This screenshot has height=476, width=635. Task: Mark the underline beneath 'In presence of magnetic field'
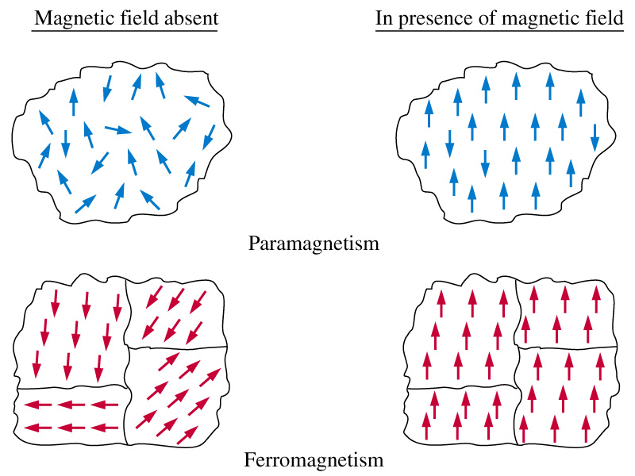pos(499,33)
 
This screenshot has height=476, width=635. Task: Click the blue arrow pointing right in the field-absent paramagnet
pos(117,129)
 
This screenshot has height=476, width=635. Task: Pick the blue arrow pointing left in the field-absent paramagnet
pos(197,101)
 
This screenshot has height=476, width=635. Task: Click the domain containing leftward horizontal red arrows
pos(70,416)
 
